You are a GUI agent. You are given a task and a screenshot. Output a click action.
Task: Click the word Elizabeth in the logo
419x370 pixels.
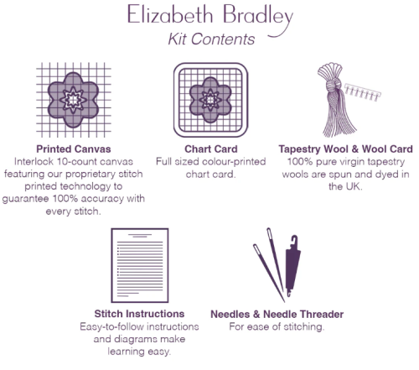(x=170, y=14)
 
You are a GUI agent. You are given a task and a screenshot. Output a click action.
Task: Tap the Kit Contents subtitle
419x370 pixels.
(x=211, y=39)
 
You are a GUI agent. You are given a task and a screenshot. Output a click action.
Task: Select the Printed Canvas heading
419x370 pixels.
(x=74, y=149)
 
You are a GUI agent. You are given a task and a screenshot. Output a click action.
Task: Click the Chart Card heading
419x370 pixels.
(x=211, y=149)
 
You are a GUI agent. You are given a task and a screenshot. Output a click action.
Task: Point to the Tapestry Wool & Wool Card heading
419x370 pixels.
(x=345, y=149)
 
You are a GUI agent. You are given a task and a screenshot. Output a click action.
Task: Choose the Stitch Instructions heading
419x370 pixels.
(x=139, y=314)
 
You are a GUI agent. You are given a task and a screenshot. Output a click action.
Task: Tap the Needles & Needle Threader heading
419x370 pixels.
(x=277, y=314)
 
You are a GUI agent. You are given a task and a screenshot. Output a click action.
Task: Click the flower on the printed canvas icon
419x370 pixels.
(x=73, y=100)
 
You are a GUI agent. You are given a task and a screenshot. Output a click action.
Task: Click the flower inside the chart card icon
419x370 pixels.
(x=210, y=100)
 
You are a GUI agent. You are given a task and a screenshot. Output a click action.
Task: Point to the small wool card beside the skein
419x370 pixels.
(x=363, y=91)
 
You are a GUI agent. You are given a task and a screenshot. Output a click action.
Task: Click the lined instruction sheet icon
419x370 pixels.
(x=140, y=265)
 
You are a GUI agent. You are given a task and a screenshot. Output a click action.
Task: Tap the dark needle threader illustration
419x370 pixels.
(x=292, y=266)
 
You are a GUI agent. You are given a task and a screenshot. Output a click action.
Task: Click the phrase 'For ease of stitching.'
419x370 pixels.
(x=277, y=326)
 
